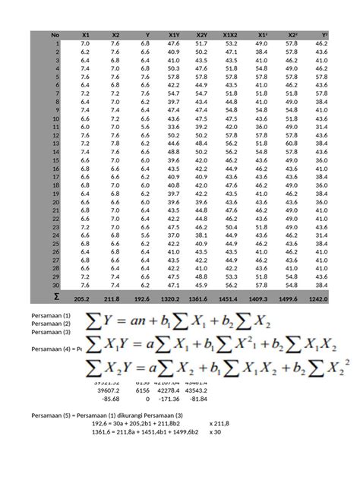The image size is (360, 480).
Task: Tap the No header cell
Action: tap(55, 35)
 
